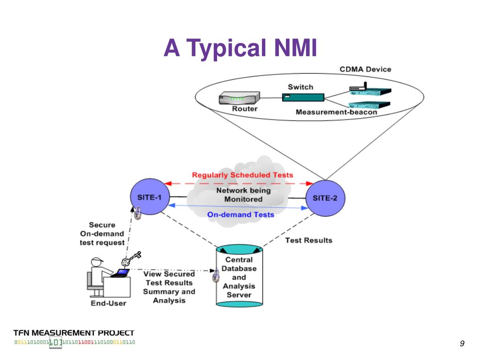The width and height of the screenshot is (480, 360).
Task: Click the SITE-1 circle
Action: click(x=150, y=196)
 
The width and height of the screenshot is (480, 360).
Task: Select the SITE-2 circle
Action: click(x=325, y=198)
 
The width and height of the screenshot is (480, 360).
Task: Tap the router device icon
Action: click(x=239, y=98)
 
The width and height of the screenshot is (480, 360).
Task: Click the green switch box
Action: click(x=303, y=97)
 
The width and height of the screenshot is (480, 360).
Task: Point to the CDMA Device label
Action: click(x=365, y=69)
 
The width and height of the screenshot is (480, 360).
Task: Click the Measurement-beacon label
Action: click(x=336, y=112)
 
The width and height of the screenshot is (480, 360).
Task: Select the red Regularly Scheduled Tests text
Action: click(x=242, y=175)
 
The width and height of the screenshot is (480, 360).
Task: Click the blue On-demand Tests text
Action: click(x=240, y=215)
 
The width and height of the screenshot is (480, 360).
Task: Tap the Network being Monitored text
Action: click(x=243, y=195)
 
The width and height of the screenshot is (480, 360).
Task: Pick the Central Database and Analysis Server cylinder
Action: click(x=239, y=276)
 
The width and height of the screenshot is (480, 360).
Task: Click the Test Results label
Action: click(x=308, y=240)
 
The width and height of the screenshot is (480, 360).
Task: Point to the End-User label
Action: click(x=108, y=303)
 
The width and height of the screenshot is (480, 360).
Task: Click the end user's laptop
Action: click(x=120, y=273)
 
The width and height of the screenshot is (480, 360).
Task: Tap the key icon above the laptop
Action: click(x=131, y=259)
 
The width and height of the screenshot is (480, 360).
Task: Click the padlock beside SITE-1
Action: click(x=137, y=213)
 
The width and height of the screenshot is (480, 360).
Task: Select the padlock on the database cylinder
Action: click(x=216, y=276)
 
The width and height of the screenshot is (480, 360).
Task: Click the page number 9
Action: click(x=462, y=343)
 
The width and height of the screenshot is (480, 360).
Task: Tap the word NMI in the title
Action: click(x=295, y=48)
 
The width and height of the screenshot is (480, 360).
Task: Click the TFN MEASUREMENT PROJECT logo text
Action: click(x=74, y=333)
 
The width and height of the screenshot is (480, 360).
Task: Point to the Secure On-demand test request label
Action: click(x=102, y=233)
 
